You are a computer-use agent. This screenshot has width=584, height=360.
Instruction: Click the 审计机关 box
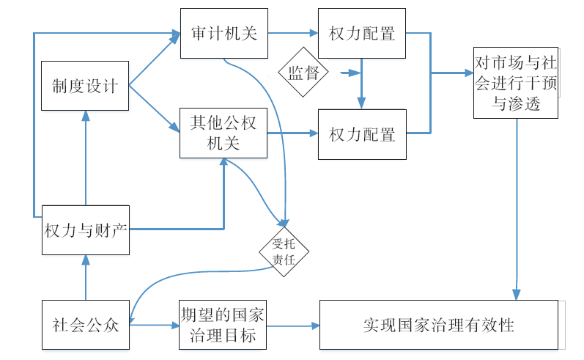(x=223, y=34)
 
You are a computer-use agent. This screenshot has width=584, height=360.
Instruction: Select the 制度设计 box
(x=85, y=86)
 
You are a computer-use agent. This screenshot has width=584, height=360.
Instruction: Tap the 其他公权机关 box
(x=223, y=133)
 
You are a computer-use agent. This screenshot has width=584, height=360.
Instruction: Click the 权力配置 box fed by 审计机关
(x=362, y=34)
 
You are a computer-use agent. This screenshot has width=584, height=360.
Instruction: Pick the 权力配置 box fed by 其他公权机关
(x=362, y=134)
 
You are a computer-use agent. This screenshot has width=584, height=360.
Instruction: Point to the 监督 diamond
(x=303, y=72)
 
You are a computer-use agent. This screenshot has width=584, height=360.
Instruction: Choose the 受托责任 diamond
(x=284, y=252)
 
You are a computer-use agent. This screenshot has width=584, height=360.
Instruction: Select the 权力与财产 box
(x=85, y=229)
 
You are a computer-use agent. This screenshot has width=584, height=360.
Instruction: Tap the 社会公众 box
(x=85, y=324)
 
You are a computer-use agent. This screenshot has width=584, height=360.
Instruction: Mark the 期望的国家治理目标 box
(x=223, y=324)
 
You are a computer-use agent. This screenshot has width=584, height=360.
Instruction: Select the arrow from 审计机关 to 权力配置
(x=292, y=34)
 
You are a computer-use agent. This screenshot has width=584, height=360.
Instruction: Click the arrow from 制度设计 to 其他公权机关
(x=155, y=109)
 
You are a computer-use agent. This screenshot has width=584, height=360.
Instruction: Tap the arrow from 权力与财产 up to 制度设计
(x=86, y=158)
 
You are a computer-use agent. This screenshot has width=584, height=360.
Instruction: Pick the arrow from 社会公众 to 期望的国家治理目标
(x=154, y=325)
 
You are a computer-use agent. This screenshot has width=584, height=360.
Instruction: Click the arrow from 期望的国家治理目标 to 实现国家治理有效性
(x=292, y=325)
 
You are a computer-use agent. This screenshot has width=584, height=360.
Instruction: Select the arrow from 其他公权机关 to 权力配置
(x=292, y=134)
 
